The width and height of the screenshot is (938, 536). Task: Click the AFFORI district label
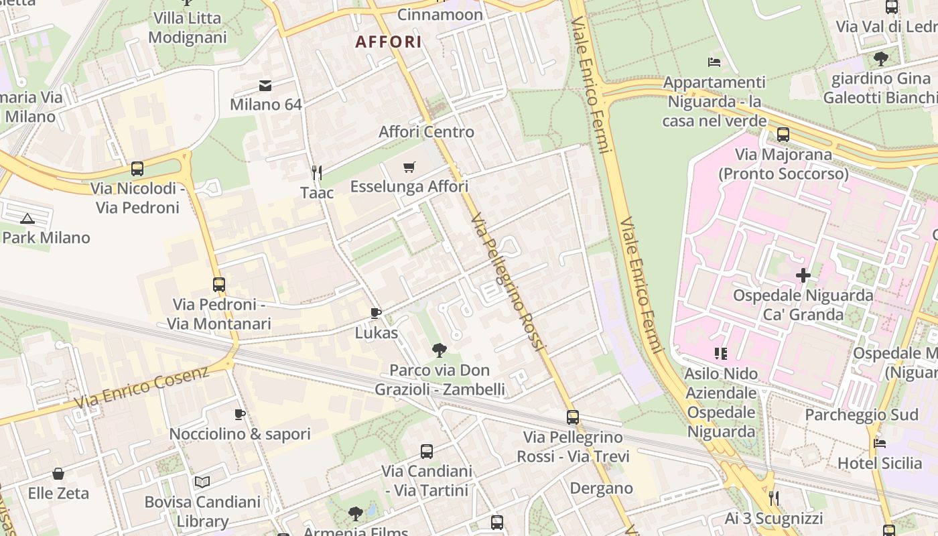coord(389,42)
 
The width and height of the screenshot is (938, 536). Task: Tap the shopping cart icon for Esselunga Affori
coord(409,167)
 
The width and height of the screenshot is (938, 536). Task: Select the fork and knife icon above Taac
coord(317,173)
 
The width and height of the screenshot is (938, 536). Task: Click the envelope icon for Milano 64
coord(265,85)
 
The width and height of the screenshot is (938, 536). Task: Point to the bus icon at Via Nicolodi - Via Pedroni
coord(137,169)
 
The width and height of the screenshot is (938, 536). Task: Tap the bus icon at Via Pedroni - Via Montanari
coord(219,285)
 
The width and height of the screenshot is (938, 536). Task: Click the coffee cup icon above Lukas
coord(376,314)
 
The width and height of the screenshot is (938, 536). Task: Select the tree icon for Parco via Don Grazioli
coord(440,350)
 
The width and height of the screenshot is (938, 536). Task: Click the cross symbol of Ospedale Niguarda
coord(803,275)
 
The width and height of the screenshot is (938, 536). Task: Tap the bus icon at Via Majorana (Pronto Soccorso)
coord(783,135)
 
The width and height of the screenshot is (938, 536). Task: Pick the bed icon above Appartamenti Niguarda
coord(714,62)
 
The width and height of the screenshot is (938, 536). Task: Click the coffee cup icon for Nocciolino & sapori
coord(240,415)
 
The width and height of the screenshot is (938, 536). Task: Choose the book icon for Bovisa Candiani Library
coord(202,482)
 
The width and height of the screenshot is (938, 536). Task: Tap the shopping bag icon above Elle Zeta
coord(58,474)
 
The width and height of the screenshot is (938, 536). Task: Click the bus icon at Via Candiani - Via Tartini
coord(427,452)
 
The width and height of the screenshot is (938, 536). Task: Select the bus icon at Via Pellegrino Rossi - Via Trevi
coord(573,417)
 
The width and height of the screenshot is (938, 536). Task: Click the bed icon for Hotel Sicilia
coord(880,444)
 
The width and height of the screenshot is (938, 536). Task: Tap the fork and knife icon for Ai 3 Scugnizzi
coord(774,498)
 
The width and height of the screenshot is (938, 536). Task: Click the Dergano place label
coord(601,488)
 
